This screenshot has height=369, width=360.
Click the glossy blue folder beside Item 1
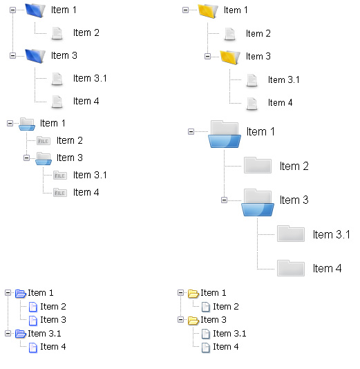(35, 10)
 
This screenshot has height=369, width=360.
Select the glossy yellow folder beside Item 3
(230, 57)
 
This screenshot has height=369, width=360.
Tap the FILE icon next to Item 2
(44, 141)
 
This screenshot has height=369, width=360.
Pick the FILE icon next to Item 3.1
(60, 176)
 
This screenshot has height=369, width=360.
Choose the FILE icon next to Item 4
(60, 193)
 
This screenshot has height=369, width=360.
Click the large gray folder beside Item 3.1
(291, 234)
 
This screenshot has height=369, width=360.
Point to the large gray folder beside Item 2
(258, 165)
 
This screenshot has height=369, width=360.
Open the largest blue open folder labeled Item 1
(225, 134)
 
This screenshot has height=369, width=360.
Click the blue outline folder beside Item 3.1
(21, 334)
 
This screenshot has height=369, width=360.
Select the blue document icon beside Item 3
(32, 321)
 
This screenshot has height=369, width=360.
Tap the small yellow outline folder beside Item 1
(193, 293)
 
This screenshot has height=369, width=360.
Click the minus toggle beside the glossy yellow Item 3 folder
(207, 57)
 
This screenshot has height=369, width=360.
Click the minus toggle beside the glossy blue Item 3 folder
(12, 55)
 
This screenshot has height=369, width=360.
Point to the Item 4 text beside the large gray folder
(327, 269)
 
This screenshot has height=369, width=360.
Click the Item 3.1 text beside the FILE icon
(90, 175)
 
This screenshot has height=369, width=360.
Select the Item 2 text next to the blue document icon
(53, 307)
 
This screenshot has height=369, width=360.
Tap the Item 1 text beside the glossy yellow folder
(236, 10)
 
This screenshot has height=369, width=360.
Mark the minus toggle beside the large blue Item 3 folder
(225, 200)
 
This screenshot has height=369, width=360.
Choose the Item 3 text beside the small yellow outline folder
(214, 320)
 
